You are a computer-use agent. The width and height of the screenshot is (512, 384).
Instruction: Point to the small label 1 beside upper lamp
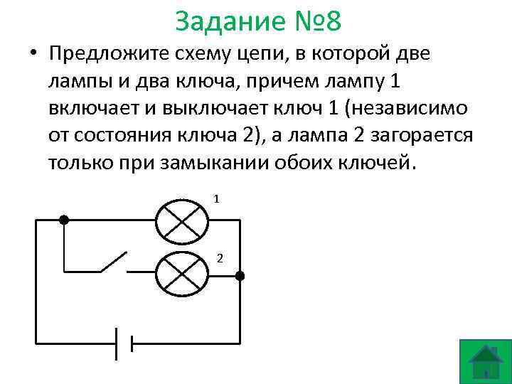pos(217,199)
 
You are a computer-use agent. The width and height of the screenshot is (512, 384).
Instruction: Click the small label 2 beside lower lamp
pos(220,257)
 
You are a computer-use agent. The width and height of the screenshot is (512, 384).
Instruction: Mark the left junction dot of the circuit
pos(64,220)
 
